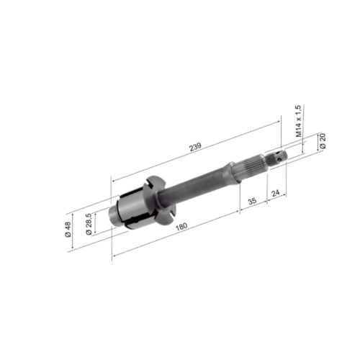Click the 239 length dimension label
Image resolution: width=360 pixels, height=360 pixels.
195,147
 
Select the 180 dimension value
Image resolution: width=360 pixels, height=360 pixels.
181,226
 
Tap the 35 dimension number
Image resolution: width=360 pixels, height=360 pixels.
252,201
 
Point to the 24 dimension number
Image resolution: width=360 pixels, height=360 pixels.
276,193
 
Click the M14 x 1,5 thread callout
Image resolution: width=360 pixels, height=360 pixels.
298,121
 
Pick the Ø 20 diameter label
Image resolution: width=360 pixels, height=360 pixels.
323,141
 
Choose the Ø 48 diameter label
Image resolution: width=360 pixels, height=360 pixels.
68,230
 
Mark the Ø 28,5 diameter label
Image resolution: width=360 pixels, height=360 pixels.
89,224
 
